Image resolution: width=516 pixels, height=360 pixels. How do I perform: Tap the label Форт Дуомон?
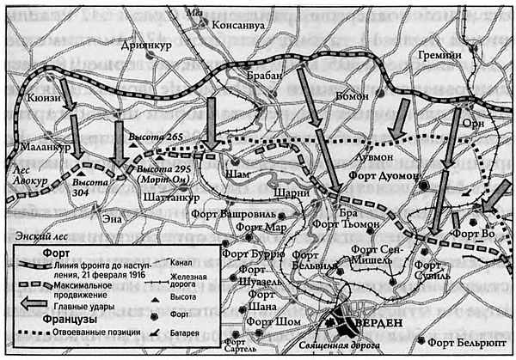[x=384, y=175]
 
